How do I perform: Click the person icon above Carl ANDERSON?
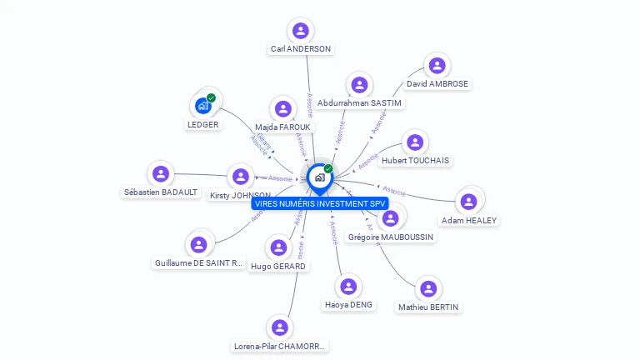tap(301, 31)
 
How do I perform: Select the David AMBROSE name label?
tap(437, 84)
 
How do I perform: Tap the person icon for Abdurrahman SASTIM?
tap(359, 85)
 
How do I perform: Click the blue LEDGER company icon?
tap(202, 106)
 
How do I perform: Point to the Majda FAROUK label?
tap(282, 127)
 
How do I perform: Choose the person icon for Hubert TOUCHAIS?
tap(415, 142)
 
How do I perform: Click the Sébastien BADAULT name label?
tap(161, 192)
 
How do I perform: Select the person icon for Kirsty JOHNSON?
tap(241, 177)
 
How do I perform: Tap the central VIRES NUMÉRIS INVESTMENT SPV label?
tap(321, 203)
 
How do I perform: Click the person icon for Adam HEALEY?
tap(468, 202)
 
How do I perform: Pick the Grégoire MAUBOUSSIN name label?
tap(390, 237)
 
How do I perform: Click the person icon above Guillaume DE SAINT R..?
tap(198, 245)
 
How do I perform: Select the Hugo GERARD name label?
tap(278, 266)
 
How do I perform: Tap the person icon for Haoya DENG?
tap(348, 287)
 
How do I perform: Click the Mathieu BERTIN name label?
tap(428, 307)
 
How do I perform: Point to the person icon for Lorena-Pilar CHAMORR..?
tap(280, 327)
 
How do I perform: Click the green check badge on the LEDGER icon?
tap(212, 98)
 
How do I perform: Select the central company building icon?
tap(319, 177)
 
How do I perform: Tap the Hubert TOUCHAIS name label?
tap(415, 160)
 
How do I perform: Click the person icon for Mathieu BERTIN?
tap(428, 289)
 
